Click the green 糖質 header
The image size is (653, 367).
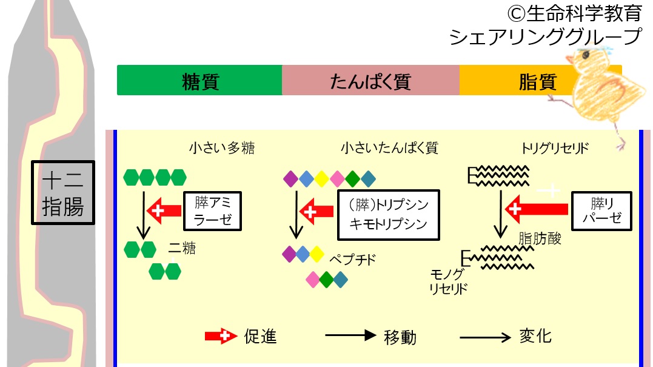[199, 81]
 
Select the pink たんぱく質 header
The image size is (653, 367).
[370, 81]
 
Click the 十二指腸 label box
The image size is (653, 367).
[63, 192]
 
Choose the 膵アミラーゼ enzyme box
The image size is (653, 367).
[213, 211]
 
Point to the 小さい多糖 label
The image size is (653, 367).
[213, 147]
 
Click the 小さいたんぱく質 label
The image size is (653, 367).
[389, 147]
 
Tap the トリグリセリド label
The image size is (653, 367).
[554, 148]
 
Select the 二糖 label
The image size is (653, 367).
[182, 248]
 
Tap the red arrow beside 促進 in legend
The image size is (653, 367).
[220, 335]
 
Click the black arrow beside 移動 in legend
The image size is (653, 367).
[350, 335]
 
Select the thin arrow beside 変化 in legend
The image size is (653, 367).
[485, 335]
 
